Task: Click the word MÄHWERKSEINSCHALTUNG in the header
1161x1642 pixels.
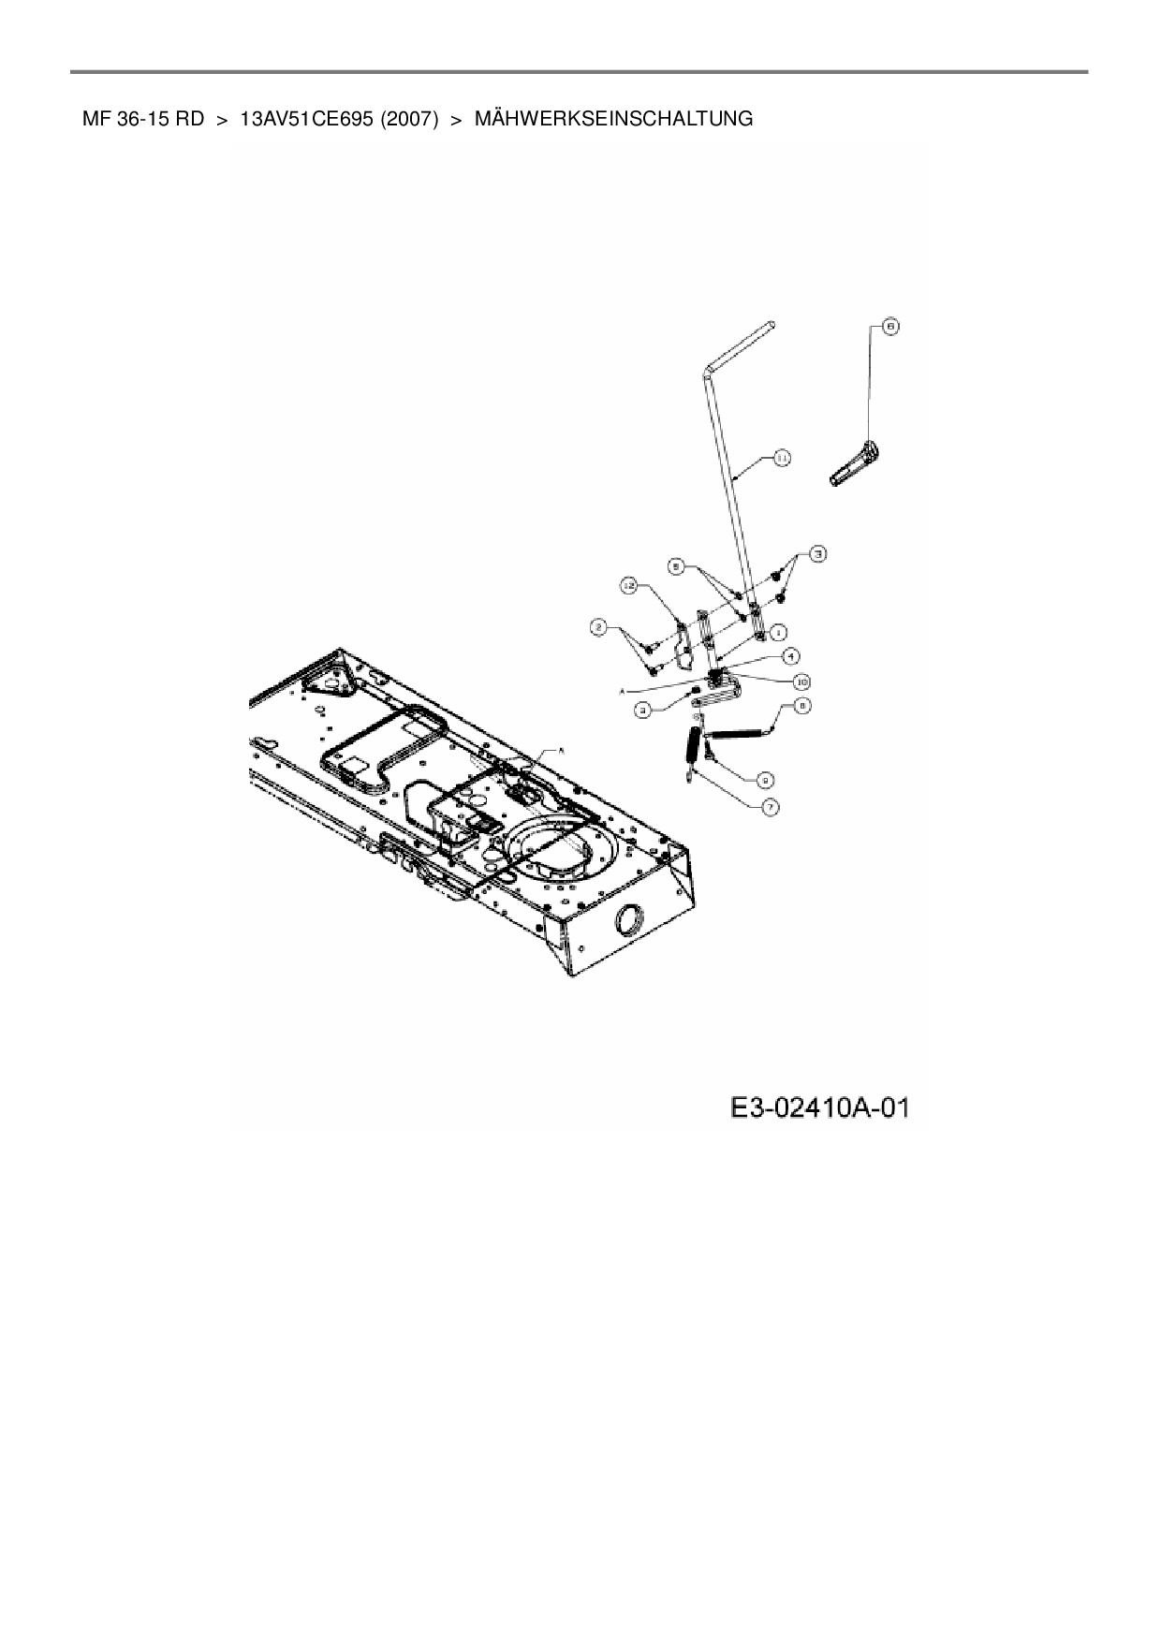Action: pos(613,119)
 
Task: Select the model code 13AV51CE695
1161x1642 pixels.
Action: pos(306,119)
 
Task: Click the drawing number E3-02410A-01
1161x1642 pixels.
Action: pos(819,1108)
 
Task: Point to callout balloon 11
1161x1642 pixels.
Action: pos(781,457)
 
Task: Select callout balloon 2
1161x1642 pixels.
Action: pos(598,625)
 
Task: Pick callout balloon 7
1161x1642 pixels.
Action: pos(770,805)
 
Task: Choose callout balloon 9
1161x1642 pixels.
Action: pos(765,778)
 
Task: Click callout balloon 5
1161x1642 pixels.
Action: pos(676,566)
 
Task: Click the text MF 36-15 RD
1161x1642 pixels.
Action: pos(142,119)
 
